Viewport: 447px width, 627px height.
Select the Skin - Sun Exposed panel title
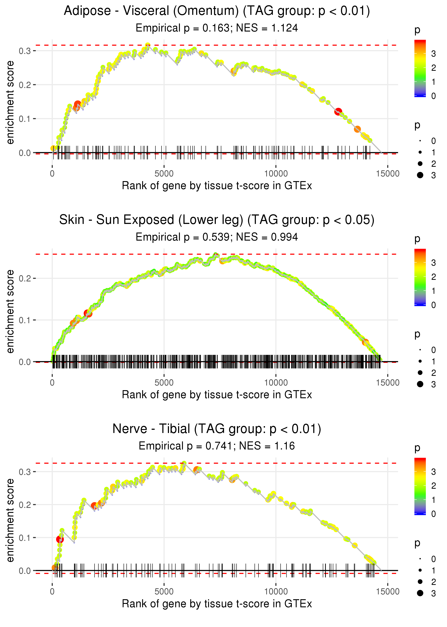click(217, 220)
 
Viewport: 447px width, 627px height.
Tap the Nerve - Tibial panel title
click(217, 429)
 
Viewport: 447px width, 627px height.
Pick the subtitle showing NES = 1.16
click(217, 446)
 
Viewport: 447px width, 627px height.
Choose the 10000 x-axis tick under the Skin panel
click(276, 383)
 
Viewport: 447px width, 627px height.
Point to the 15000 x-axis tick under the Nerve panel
click(387, 592)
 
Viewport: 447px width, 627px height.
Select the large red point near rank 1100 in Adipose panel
click(78, 104)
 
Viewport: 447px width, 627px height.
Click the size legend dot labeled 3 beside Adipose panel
click(420, 175)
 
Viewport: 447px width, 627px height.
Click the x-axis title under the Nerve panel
click(217, 604)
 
